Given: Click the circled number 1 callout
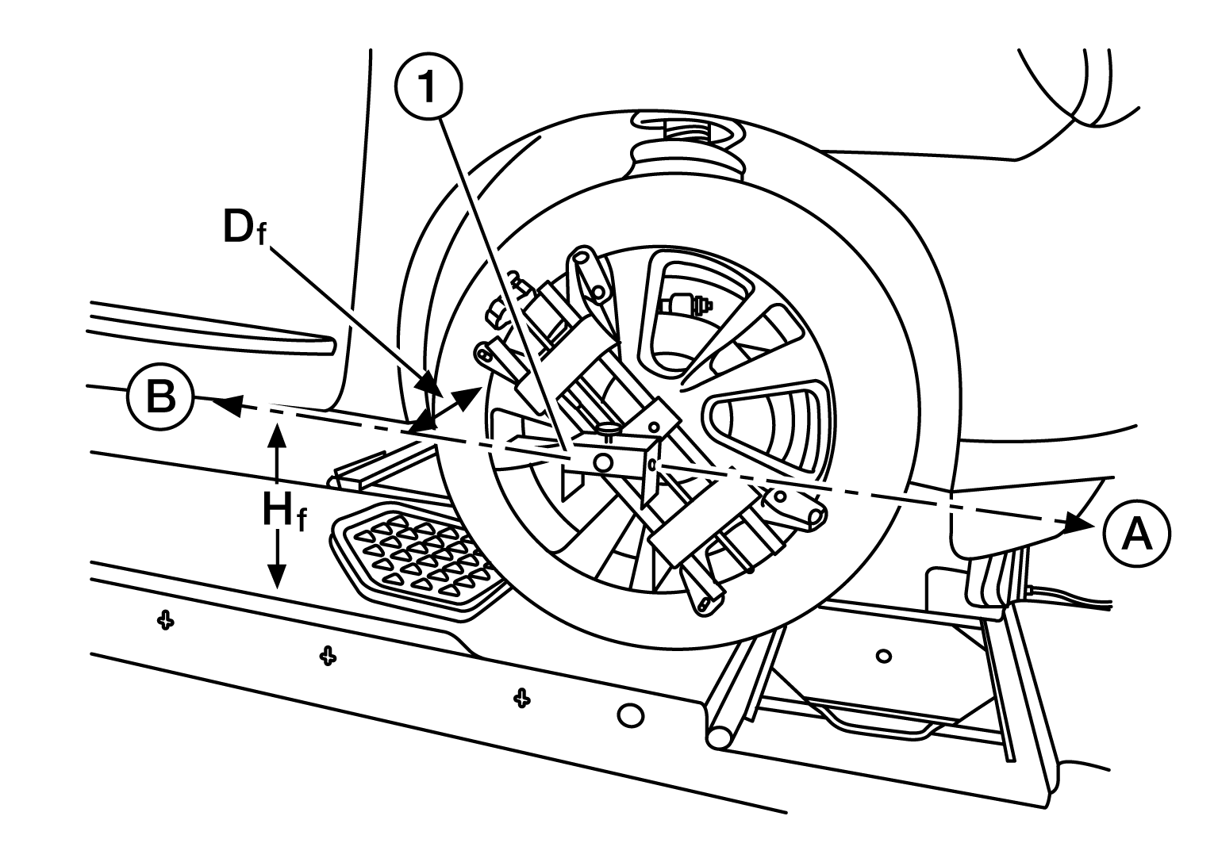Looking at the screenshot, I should [428, 88].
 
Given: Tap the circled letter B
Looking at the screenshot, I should [160, 397].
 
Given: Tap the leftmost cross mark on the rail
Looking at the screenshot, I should [165, 619].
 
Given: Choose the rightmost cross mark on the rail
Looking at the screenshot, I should [521, 697].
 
